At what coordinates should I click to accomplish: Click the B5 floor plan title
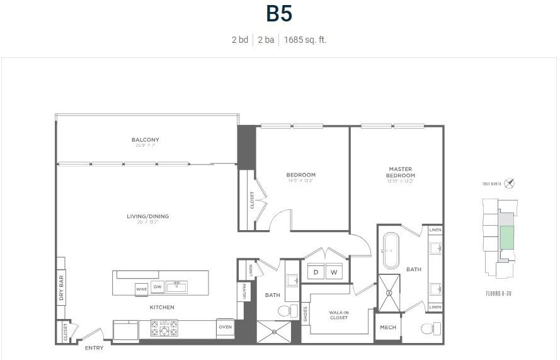[x=278, y=14]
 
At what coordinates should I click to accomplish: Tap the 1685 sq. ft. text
[x=305, y=40]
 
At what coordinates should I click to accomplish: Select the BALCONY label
[x=146, y=140]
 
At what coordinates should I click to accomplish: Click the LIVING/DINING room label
[x=147, y=216]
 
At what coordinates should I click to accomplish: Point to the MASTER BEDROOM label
[x=400, y=172]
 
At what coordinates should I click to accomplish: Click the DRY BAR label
[x=61, y=289]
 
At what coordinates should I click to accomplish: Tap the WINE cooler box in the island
[x=141, y=289]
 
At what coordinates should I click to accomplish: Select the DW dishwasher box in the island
[x=157, y=287]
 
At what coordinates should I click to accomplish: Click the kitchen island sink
[x=178, y=287]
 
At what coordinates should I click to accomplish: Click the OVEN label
[x=225, y=327]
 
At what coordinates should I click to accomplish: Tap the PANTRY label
[x=243, y=291]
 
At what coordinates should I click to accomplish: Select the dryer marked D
[x=315, y=272]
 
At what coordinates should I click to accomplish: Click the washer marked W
[x=334, y=272]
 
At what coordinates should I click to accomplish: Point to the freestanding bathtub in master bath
[x=390, y=251]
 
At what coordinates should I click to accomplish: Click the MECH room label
[x=388, y=328]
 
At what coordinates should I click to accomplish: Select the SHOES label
[x=306, y=313]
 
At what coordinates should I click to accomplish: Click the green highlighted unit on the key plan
[x=506, y=238]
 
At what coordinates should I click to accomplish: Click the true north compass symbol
[x=510, y=183]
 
